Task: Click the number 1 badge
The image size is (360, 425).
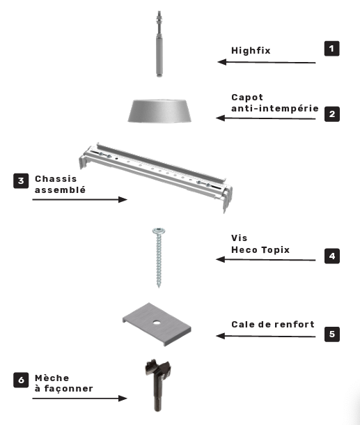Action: click(x=332, y=49)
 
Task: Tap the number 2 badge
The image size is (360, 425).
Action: click(x=332, y=114)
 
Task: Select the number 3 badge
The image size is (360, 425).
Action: click(x=21, y=180)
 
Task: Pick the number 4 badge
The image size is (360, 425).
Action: click(x=332, y=256)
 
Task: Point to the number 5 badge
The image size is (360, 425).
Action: click(x=332, y=334)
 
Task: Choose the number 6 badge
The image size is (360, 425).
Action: click(x=21, y=380)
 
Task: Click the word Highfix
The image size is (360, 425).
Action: click(x=251, y=50)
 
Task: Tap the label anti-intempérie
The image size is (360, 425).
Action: click(x=274, y=109)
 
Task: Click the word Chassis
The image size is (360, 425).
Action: click(x=56, y=179)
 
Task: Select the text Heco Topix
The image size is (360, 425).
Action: click(x=260, y=249)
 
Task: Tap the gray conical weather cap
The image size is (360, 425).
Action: click(x=159, y=111)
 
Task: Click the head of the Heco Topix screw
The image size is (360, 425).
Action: click(x=159, y=231)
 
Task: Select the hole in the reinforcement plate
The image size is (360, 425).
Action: click(x=156, y=323)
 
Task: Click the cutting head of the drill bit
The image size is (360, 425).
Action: click(x=157, y=368)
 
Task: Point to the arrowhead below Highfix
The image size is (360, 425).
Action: click(x=222, y=62)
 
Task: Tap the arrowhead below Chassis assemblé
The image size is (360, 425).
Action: click(x=123, y=200)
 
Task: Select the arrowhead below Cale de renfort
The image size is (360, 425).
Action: click(x=221, y=336)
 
